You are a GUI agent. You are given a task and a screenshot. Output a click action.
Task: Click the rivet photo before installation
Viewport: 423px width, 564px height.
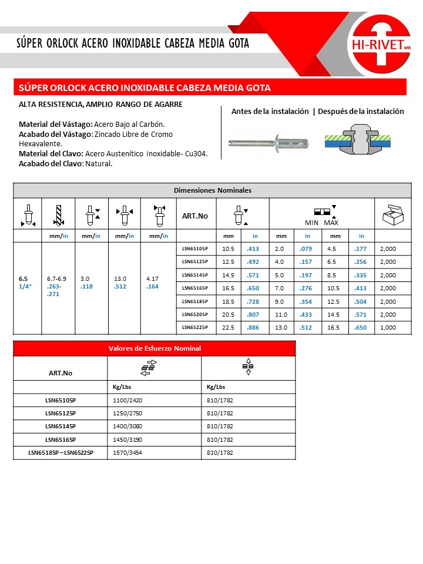[268, 143]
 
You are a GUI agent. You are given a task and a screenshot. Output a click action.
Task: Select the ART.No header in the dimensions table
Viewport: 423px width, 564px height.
[195, 216]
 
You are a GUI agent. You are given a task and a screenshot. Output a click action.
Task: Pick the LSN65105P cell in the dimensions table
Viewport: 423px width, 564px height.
[195, 249]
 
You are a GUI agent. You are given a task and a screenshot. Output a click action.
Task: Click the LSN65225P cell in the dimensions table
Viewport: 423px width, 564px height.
[195, 328]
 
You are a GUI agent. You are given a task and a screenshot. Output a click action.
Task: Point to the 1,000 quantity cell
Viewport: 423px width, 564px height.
[388, 328]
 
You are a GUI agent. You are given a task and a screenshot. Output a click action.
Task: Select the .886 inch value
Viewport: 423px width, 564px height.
[253, 328]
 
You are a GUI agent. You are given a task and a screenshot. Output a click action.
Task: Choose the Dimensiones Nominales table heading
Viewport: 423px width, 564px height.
[212, 190]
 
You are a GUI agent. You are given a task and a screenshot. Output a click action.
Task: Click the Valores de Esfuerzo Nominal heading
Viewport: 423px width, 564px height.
[155, 348]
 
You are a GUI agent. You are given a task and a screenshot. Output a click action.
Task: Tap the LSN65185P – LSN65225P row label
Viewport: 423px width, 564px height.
[61, 453]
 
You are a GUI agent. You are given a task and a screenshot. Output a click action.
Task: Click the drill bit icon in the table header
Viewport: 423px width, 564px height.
[57, 214]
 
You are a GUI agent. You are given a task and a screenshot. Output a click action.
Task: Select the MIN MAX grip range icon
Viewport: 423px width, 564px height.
[322, 215]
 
